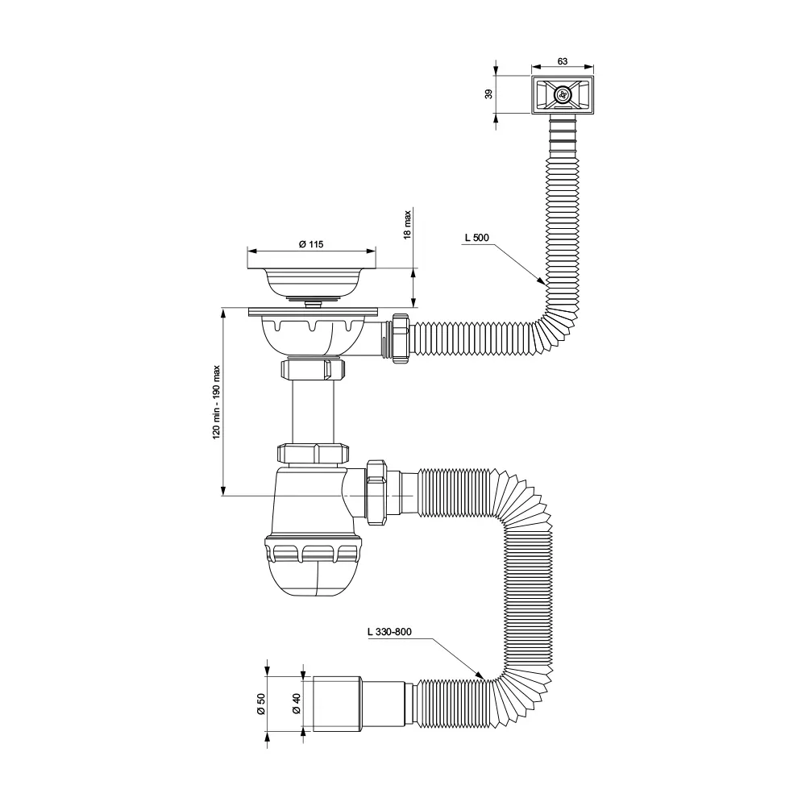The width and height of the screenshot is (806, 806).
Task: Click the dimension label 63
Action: pyautogui.click(x=563, y=61)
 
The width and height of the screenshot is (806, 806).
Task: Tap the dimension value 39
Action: pyautogui.click(x=489, y=94)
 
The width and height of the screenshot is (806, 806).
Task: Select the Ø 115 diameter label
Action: pyautogui.click(x=311, y=244)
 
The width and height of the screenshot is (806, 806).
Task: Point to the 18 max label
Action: pyautogui.click(x=408, y=224)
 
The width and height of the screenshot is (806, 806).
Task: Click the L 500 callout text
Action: pyautogui.click(x=477, y=238)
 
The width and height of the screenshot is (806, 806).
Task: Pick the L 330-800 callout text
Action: pyautogui.click(x=389, y=632)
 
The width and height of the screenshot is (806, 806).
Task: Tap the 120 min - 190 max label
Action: pyautogui.click(x=216, y=402)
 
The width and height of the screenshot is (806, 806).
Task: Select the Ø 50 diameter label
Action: pyautogui.click(x=260, y=704)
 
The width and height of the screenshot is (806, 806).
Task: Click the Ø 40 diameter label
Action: pyautogui.click(x=296, y=704)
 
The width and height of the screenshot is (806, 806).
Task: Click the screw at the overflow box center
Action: pyautogui.click(x=563, y=94)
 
